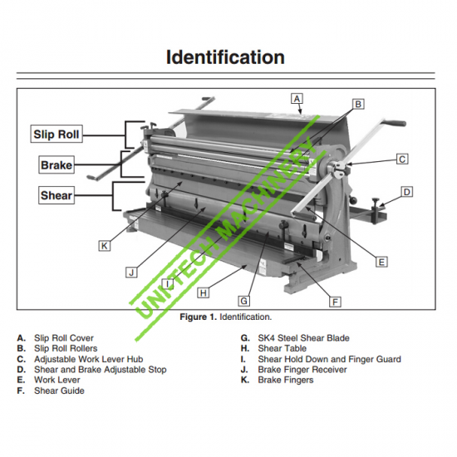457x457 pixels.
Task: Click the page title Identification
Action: (x=225, y=57)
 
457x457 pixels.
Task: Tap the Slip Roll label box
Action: (x=57, y=134)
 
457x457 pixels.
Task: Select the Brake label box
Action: (x=57, y=165)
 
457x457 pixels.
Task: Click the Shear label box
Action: (x=57, y=195)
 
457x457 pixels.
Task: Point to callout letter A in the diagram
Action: (x=297, y=99)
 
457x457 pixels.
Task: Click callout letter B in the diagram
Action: (x=358, y=104)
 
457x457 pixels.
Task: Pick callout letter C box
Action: (x=402, y=160)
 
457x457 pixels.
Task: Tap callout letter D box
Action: (x=407, y=192)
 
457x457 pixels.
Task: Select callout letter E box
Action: (x=381, y=262)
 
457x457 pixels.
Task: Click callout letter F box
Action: (x=335, y=302)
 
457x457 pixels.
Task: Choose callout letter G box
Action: (x=244, y=301)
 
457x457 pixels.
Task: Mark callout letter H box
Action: (x=203, y=292)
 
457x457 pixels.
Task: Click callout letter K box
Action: (x=105, y=246)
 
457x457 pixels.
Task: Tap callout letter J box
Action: (x=131, y=273)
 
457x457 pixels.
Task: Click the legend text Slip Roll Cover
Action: (x=64, y=338)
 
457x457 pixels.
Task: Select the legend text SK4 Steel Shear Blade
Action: (x=303, y=338)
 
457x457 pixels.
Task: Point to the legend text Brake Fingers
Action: (x=286, y=380)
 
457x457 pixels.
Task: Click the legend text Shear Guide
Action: (x=59, y=391)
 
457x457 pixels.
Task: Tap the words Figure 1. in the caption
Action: (x=199, y=317)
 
